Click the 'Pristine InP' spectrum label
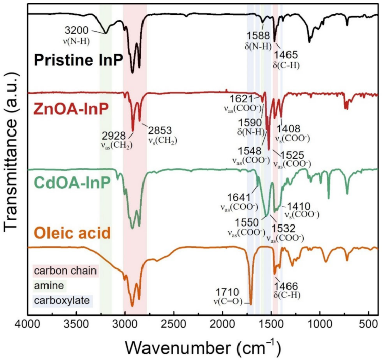click(x=76, y=60)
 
